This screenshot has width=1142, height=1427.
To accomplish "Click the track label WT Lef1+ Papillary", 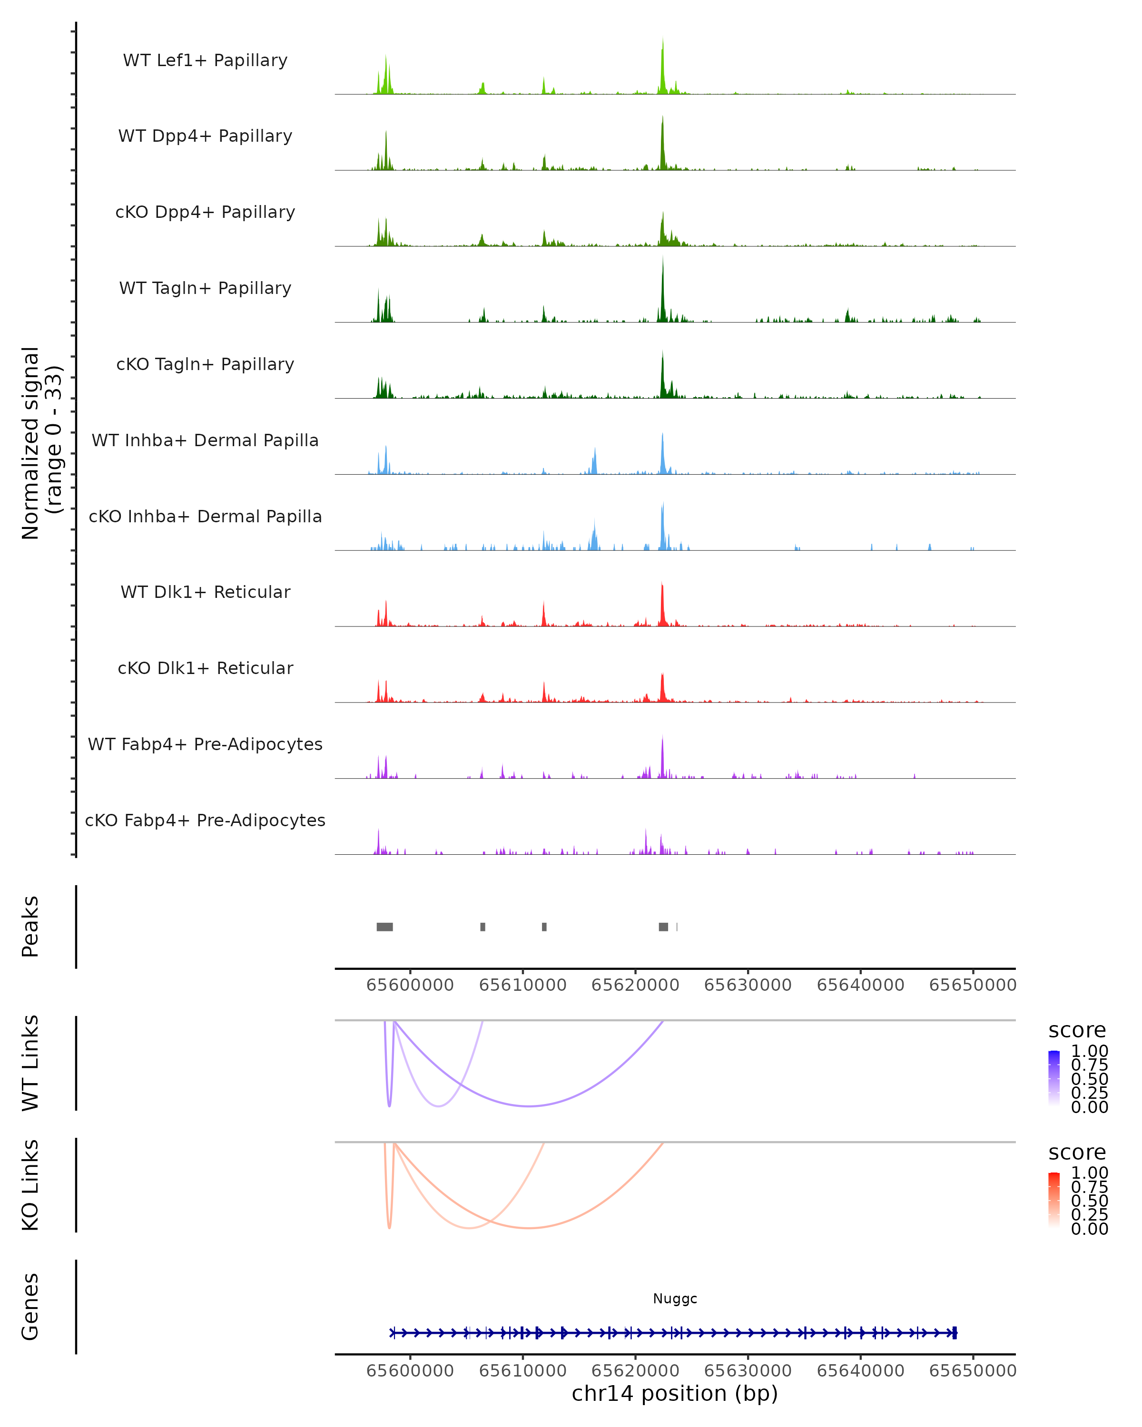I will click(x=205, y=60).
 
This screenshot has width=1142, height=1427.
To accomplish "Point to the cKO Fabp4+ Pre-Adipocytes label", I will click(x=205, y=820).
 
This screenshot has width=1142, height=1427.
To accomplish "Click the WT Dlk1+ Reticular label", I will click(x=205, y=592).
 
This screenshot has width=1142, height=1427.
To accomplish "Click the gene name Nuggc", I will click(x=675, y=1299).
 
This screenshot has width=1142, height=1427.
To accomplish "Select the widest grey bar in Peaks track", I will click(x=384, y=927).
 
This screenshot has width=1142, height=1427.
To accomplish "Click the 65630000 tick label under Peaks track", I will click(x=748, y=985).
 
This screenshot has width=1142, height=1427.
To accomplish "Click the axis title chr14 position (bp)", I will click(x=675, y=1393).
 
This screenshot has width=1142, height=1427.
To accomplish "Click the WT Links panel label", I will click(x=30, y=1063).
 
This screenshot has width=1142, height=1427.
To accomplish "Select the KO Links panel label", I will click(x=30, y=1185).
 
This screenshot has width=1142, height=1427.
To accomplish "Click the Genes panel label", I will click(x=30, y=1307).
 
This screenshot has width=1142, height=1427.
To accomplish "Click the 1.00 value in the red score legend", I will click(x=1089, y=1173).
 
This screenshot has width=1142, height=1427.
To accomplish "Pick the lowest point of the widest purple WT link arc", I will click(x=529, y=1106).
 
